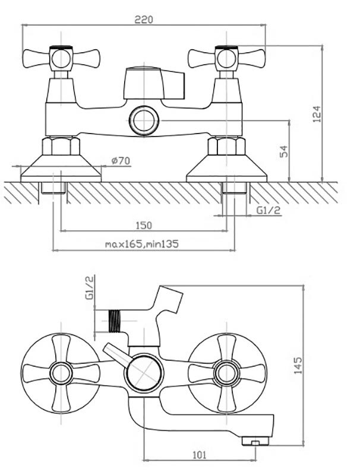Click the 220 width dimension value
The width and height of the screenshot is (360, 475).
[x=144, y=19]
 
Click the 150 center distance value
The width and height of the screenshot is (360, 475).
[x=144, y=225]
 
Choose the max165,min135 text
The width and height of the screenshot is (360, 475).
[x=142, y=243]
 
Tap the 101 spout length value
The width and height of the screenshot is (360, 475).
[x=200, y=455]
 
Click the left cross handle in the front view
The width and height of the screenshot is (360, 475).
[x=58, y=58]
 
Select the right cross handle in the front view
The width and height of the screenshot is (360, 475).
[x=225, y=58]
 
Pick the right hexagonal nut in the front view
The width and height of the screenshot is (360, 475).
[x=225, y=146]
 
